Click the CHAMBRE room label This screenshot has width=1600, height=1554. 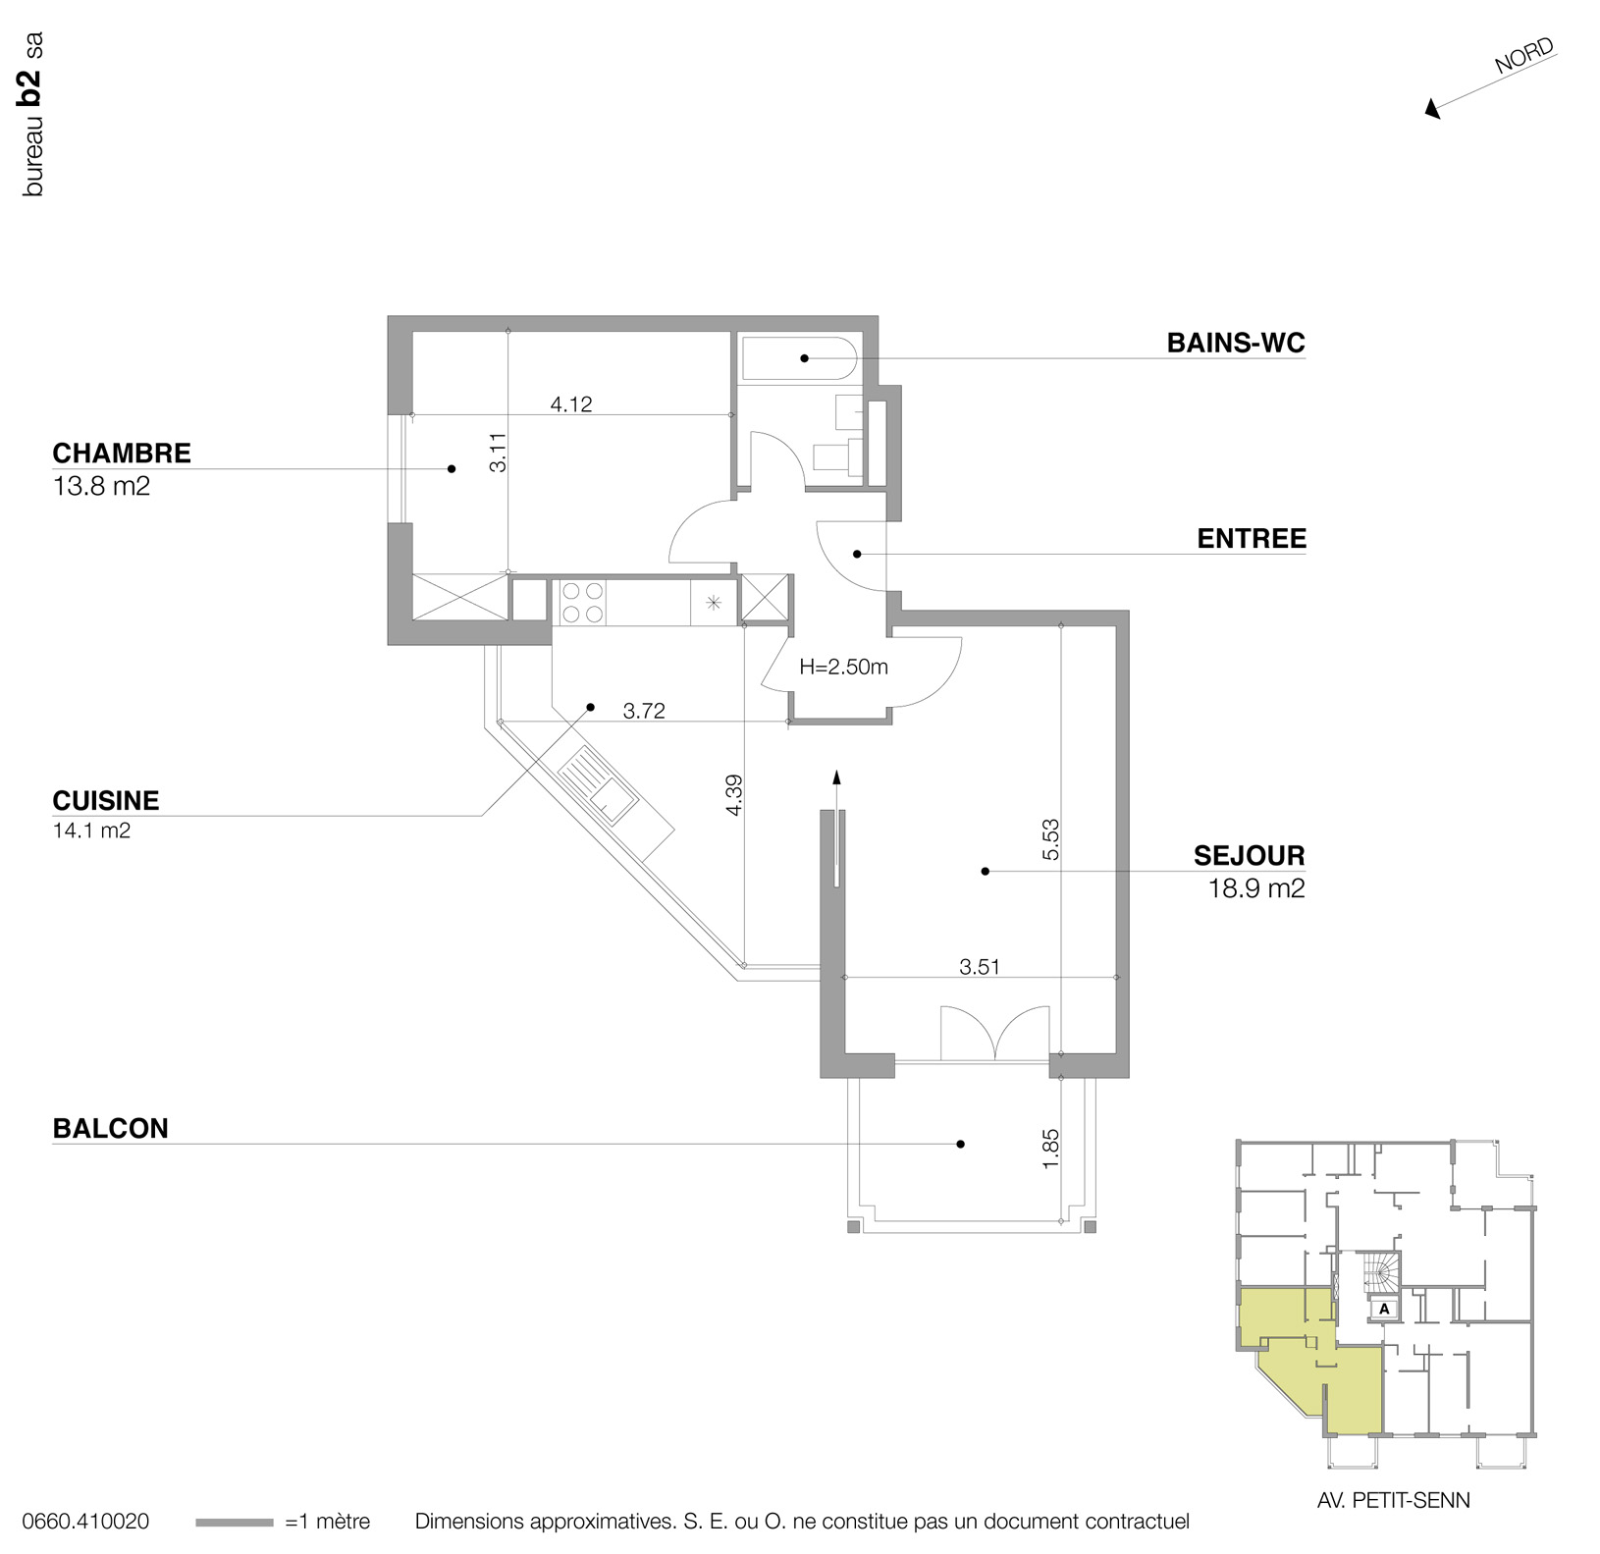tap(121, 454)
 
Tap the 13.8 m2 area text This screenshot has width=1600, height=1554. tap(101, 486)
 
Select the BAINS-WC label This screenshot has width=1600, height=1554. tap(1235, 343)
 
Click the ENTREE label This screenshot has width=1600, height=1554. tap(1251, 538)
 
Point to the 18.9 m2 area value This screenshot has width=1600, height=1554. tap(1255, 888)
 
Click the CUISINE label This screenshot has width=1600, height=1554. tap(105, 800)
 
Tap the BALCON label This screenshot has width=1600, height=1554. tap(110, 1128)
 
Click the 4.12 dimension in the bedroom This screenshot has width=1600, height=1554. tap(570, 403)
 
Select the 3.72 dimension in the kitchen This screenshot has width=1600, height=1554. tap(644, 711)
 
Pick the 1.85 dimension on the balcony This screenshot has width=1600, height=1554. tap(1050, 1148)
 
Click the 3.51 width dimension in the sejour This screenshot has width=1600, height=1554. tap(979, 966)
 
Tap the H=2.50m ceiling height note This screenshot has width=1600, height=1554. tap(843, 668)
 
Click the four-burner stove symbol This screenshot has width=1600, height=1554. tap(581, 603)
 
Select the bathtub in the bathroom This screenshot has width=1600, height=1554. tap(799, 358)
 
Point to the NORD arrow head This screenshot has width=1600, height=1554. tap(1433, 109)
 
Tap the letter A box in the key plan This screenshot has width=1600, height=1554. tap(1384, 1309)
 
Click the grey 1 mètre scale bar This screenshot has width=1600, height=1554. tap(235, 1523)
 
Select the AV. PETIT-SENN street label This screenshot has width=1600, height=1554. tap(1393, 1500)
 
